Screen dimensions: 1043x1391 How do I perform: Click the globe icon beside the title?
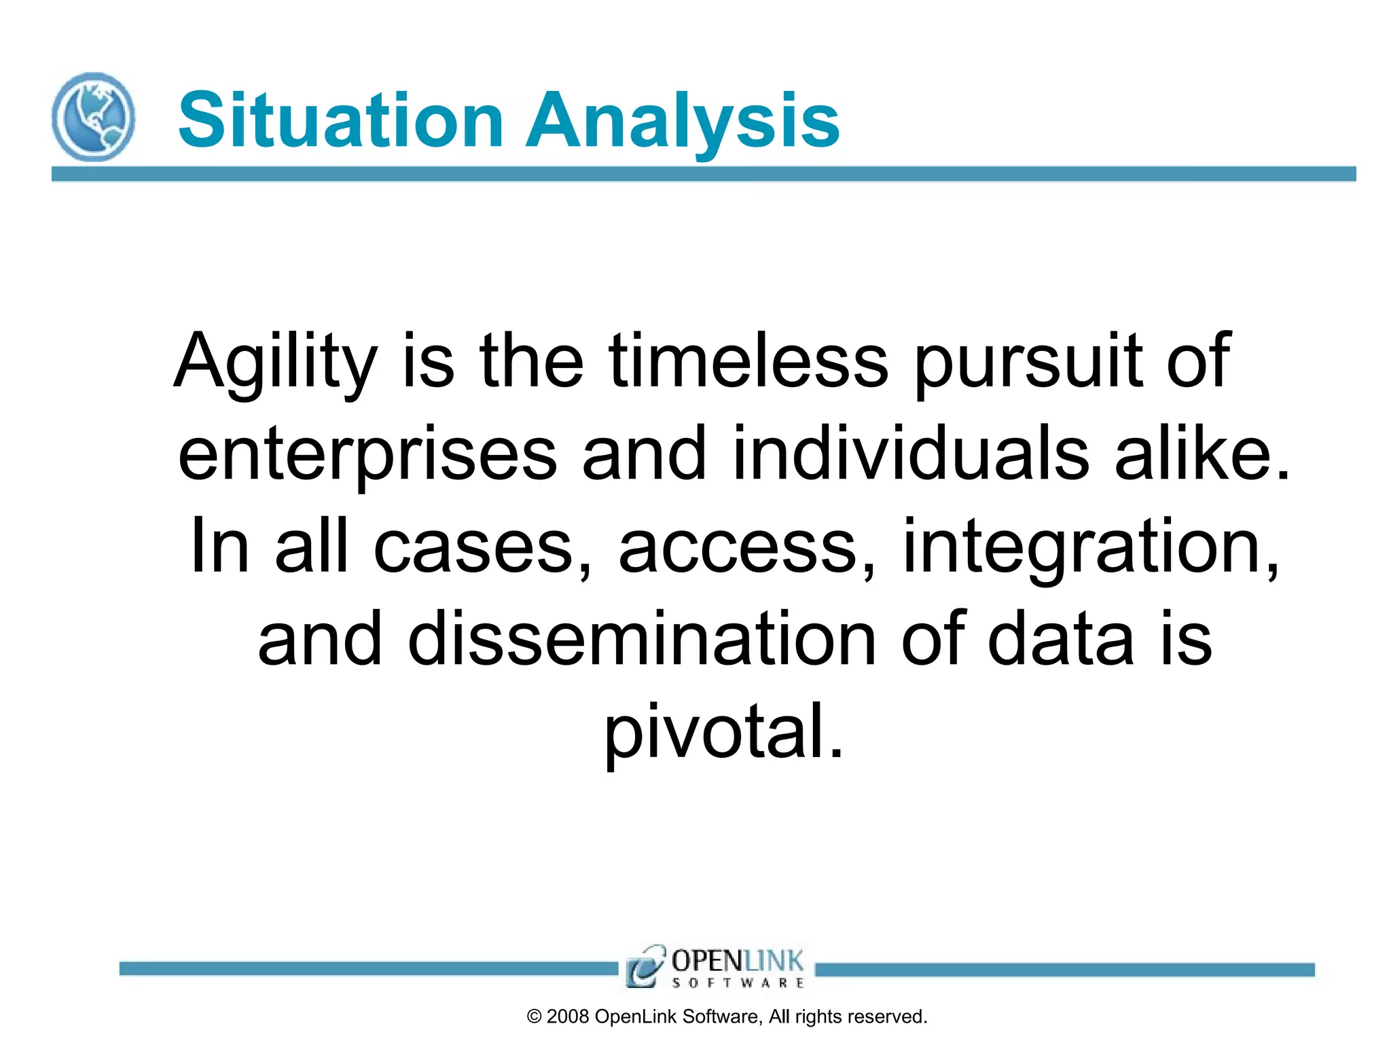(x=93, y=117)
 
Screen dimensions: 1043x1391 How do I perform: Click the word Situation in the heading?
(x=340, y=121)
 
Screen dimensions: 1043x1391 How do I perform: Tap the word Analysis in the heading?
(x=683, y=121)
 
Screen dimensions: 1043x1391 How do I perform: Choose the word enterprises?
(x=367, y=454)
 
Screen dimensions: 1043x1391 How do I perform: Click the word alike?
(x=1202, y=454)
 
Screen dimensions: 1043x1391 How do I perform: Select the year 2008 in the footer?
(x=567, y=1017)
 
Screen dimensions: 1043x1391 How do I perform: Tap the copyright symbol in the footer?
(x=535, y=1017)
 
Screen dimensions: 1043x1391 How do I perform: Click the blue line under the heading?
(x=704, y=174)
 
